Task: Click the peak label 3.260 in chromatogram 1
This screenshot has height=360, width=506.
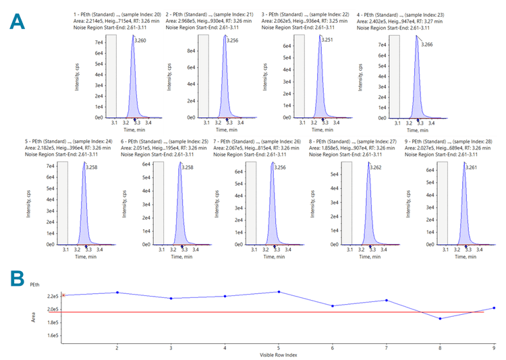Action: [140, 41]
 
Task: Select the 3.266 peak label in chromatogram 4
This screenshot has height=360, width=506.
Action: [426, 44]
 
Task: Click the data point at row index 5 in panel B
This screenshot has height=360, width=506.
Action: [279, 292]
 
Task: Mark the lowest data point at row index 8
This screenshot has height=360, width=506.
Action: [441, 318]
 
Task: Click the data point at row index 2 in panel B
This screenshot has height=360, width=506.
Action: [117, 293]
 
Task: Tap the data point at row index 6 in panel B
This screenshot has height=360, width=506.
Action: [333, 306]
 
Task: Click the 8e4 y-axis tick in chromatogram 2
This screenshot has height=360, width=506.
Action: [191, 51]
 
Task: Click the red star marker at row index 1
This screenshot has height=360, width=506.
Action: [63, 295]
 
